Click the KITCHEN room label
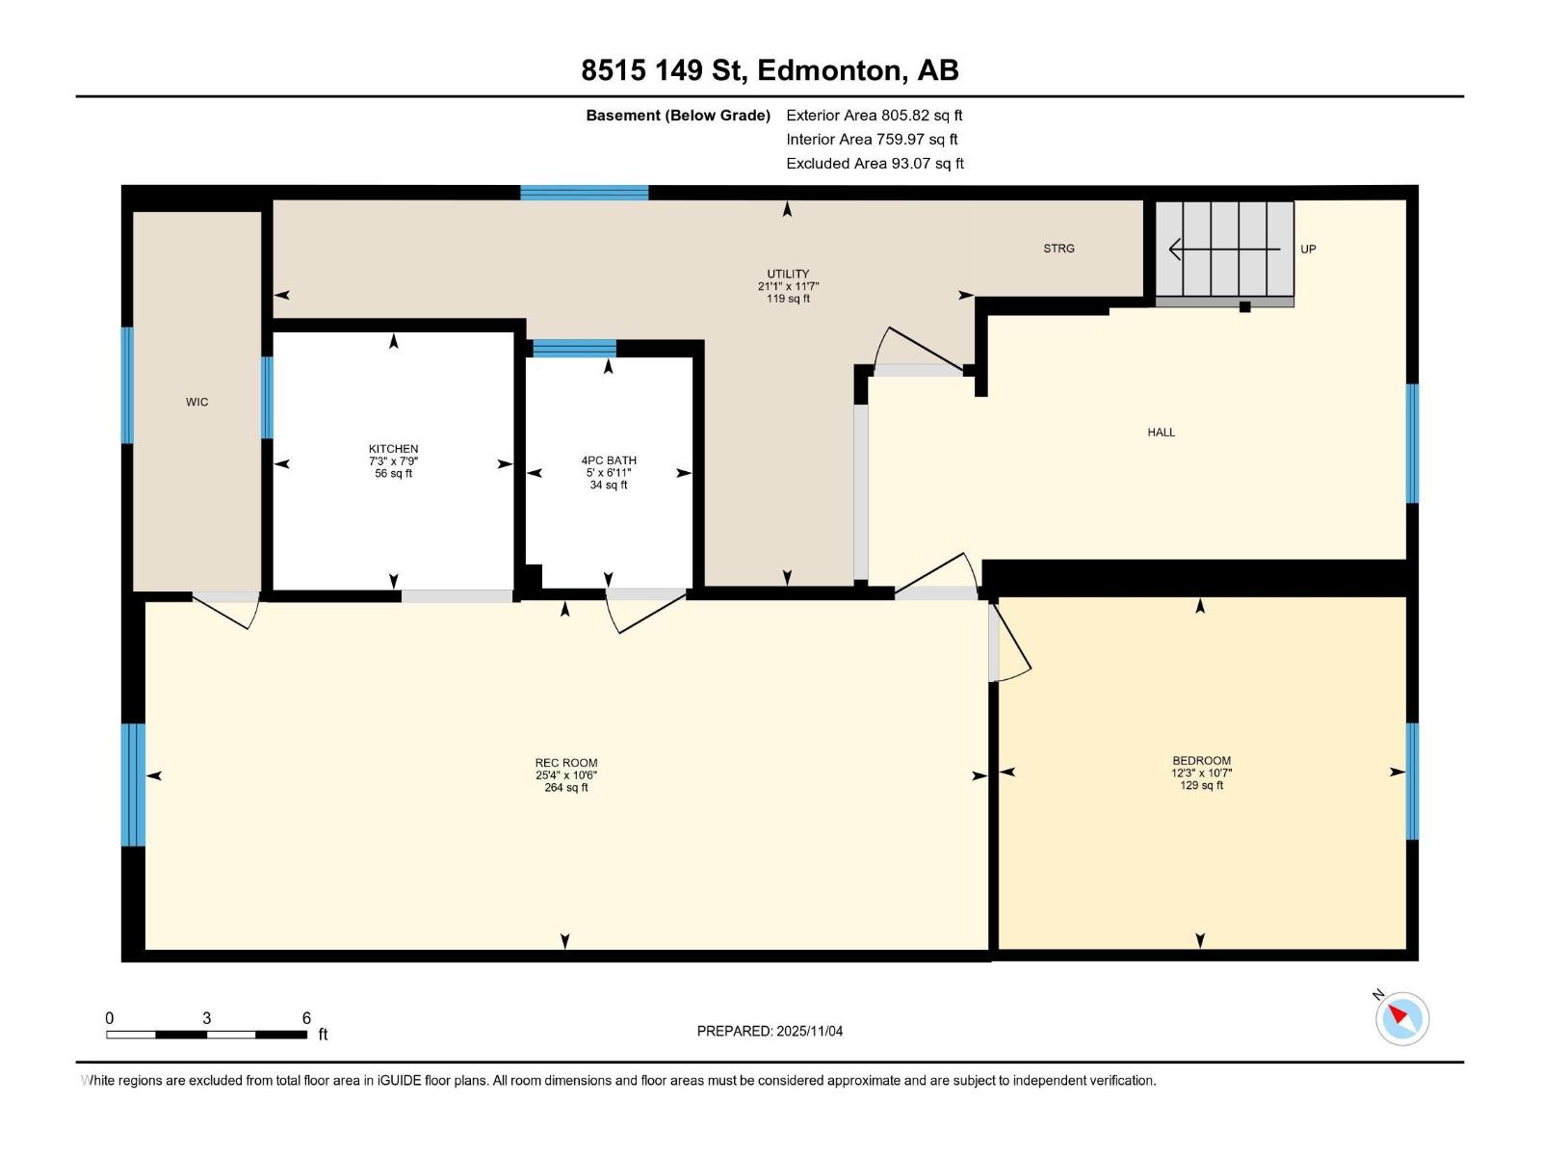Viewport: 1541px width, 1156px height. click(393, 449)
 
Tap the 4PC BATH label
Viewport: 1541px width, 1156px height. click(609, 460)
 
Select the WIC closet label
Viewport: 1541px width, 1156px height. click(196, 402)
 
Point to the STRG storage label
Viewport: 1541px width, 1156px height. click(1058, 249)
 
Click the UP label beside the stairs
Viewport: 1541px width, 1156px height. click(1308, 250)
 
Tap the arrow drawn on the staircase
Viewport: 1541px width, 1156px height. click(1223, 250)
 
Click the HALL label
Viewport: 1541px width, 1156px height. click(1161, 433)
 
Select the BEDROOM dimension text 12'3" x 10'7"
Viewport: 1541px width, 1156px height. click(1201, 773)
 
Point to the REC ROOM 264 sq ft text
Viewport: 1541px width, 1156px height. click(566, 788)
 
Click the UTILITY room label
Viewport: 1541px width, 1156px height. click(788, 274)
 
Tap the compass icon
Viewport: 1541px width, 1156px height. click(1401, 1018)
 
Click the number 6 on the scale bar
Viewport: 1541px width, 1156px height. click(306, 1018)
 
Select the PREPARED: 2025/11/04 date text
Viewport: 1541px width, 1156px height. click(770, 1031)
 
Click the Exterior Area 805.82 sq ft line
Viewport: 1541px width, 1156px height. click(874, 116)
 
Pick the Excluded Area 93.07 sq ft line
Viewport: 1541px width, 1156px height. click(875, 164)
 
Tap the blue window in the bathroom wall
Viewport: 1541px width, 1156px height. click(574, 348)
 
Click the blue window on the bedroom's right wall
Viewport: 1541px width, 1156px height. click(1412, 781)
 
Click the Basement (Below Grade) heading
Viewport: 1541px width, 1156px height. click(678, 116)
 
